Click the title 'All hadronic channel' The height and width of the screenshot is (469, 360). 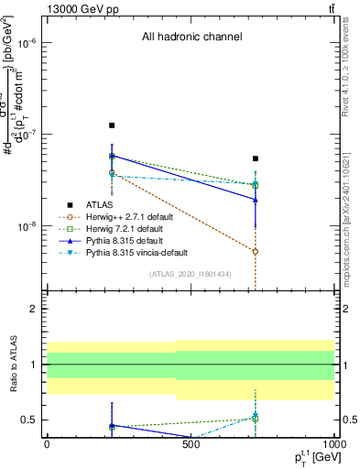coord(191,38)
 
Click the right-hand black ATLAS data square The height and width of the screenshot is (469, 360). coord(256,158)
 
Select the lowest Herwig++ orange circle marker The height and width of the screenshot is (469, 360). coord(256,251)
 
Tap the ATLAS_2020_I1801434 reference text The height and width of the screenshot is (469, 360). coord(191,275)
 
